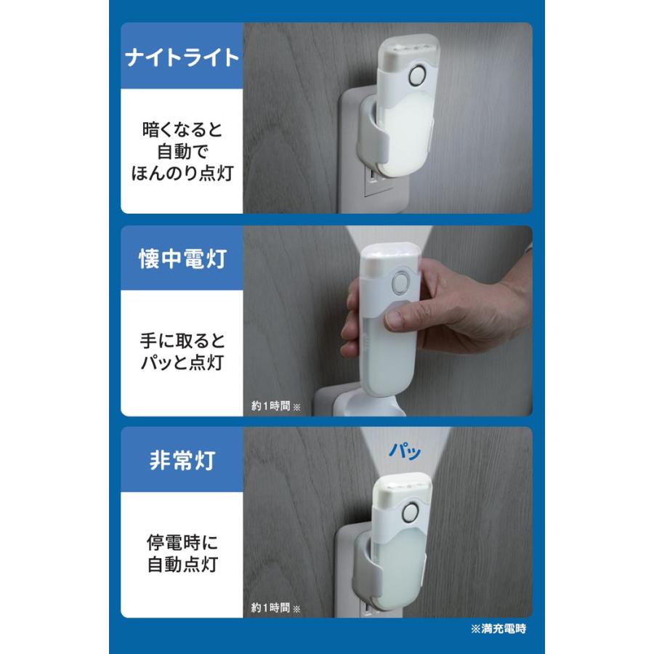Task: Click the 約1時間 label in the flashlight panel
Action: (x=271, y=407)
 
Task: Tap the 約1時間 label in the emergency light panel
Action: (x=271, y=607)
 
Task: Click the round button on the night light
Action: (x=418, y=76)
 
